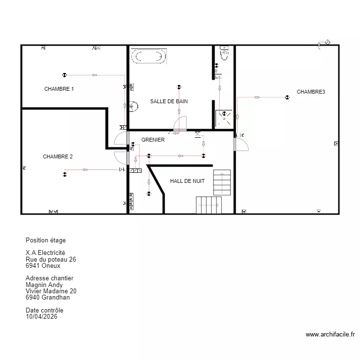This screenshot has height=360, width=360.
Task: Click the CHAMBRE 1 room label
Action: (59, 89)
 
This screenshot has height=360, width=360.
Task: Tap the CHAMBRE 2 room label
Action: (58, 156)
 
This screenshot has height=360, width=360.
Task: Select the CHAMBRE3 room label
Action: (311, 92)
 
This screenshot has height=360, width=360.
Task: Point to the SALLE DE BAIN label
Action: (169, 101)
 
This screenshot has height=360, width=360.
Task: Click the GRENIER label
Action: (153, 140)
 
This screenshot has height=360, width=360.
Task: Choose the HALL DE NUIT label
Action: (187, 181)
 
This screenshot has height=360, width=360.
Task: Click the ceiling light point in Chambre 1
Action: (64, 75)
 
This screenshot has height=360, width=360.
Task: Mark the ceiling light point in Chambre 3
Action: (287, 97)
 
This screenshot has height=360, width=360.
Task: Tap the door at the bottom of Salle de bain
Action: (180, 124)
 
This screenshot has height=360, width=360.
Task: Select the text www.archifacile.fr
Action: (330, 335)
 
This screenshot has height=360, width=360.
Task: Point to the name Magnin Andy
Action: (44, 285)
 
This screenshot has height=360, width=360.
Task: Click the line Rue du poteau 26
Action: (51, 259)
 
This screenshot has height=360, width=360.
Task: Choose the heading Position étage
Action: (46, 240)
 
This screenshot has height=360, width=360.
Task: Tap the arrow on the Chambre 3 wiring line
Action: (257, 97)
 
